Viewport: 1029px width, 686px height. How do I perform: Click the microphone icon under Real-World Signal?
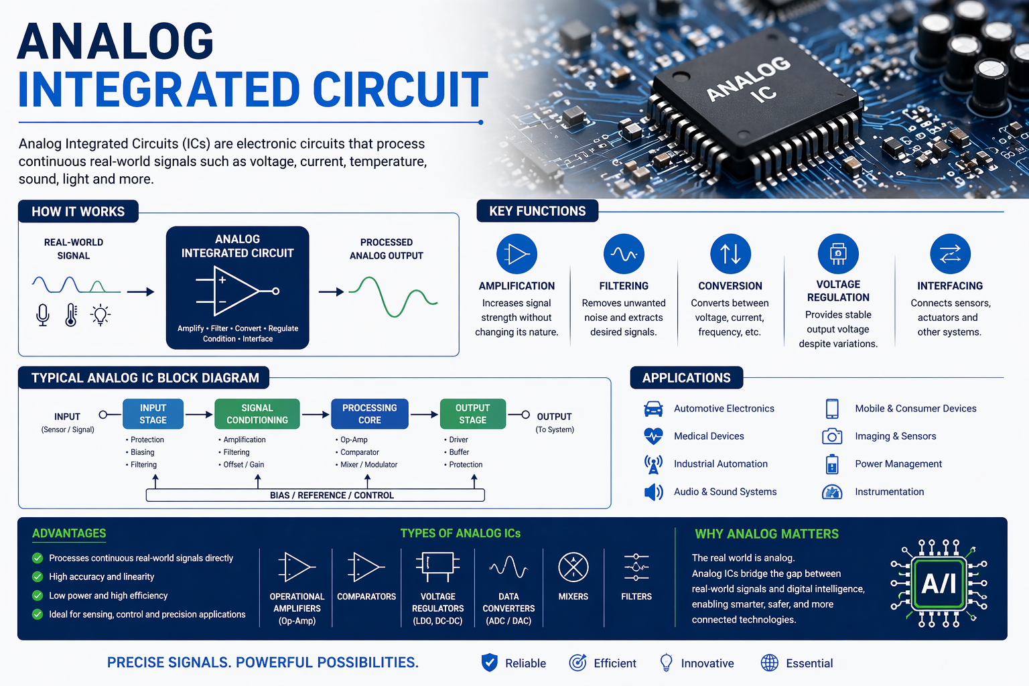[x=43, y=314]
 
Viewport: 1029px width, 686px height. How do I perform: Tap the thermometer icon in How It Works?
[x=71, y=314]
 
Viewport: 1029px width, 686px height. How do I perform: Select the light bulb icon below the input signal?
[x=100, y=314]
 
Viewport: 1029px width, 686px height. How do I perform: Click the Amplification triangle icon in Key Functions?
[x=517, y=254]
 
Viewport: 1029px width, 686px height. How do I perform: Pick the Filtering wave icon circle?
[x=624, y=254]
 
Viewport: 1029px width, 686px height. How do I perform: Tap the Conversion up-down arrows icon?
[x=730, y=254]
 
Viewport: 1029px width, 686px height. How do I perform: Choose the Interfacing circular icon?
[x=950, y=254]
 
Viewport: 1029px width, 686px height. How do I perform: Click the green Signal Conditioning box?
[x=257, y=414]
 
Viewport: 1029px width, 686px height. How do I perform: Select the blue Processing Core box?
[x=369, y=414]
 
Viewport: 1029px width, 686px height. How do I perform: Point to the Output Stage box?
[x=472, y=414]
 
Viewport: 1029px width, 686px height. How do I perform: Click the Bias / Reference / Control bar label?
[x=332, y=496]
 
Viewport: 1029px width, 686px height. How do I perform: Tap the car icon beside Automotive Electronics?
[x=653, y=409]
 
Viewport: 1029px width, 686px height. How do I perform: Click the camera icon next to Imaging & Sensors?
[x=832, y=436]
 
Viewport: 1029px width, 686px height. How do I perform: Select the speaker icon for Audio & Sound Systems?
[x=653, y=492]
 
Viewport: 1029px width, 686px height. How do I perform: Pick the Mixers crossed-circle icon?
[x=573, y=567]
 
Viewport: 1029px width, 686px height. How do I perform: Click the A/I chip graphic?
[x=939, y=584]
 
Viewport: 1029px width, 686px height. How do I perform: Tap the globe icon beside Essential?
[x=770, y=663]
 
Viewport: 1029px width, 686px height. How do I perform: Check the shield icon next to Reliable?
[x=490, y=663]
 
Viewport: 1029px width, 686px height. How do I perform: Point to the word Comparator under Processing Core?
[x=360, y=452]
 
